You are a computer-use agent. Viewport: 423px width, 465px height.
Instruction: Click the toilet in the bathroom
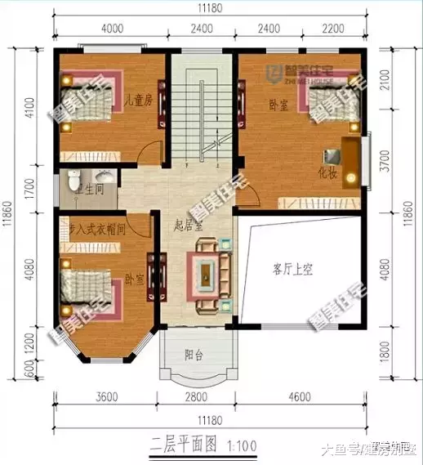pos(73,177)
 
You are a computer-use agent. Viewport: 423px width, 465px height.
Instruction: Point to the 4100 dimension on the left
pos(29,108)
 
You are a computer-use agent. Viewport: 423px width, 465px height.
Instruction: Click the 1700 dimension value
pos(29,190)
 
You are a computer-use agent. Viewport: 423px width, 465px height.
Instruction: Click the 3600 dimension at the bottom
pos(107,397)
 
